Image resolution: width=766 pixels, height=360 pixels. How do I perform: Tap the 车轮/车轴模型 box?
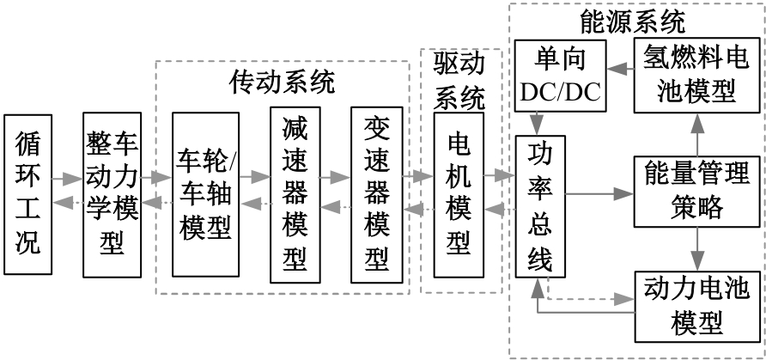(204, 194)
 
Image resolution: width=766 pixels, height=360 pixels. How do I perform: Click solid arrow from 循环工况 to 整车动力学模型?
(66, 180)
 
